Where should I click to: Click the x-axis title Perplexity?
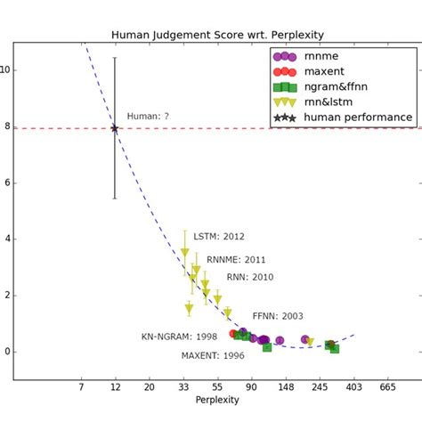pos(216,401)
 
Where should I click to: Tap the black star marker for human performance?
pos(115,129)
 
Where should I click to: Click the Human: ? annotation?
pos(147,117)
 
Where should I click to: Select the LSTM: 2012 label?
pos(218,237)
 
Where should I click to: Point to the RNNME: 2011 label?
pos(236,260)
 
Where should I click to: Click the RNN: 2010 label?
pos(250,277)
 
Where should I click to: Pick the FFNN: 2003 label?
pos(278,316)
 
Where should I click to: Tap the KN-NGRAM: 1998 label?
pos(178,337)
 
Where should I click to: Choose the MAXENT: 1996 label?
pos(213,356)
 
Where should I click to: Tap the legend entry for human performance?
pos(357,118)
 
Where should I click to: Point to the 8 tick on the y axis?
pos(6,127)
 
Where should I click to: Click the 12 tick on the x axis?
pos(115,387)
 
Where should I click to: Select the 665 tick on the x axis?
pos(387,387)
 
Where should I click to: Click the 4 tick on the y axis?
pos(6,239)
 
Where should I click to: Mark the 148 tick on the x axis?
pos(285,387)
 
